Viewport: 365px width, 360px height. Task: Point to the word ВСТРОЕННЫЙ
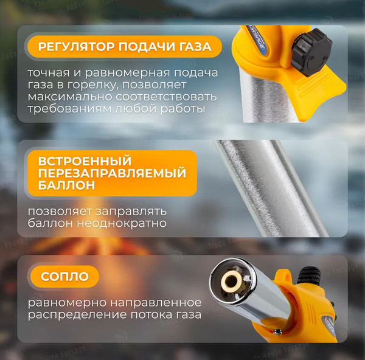(85, 161)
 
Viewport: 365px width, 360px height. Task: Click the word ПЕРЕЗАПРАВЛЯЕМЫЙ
(112, 173)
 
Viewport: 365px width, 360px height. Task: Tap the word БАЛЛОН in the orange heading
(66, 185)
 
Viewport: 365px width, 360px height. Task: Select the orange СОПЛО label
(64, 277)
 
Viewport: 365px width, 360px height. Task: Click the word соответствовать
(166, 97)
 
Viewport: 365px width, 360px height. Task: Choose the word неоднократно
(122, 223)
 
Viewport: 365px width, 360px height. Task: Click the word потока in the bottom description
(151, 315)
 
